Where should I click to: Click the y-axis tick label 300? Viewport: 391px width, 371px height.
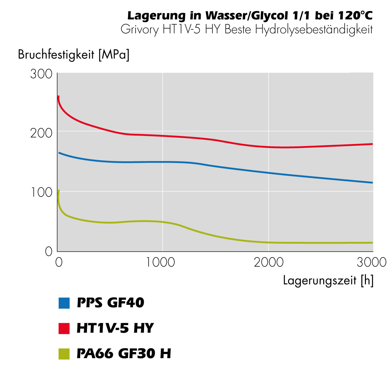click(x=41, y=74)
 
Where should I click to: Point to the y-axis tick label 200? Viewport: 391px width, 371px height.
click(x=41, y=133)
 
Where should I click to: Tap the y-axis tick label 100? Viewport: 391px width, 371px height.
click(x=41, y=192)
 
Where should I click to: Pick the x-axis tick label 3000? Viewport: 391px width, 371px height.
click(x=371, y=262)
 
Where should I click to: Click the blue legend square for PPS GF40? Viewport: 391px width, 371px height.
click(x=64, y=303)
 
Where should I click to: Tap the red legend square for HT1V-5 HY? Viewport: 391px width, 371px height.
click(x=64, y=328)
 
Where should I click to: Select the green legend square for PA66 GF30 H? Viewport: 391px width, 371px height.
click(x=64, y=354)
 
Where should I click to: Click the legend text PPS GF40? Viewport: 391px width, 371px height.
click(x=110, y=303)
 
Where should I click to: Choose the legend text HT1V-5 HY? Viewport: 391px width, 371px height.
click(x=115, y=328)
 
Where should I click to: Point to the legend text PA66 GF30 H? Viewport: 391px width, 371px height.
click(x=124, y=354)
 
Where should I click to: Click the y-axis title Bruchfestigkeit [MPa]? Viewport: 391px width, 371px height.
click(x=74, y=54)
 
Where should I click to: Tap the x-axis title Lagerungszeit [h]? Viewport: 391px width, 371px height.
click(x=328, y=280)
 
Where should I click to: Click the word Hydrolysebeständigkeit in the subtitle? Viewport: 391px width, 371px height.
click(x=314, y=30)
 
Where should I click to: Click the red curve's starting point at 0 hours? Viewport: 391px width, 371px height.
click(x=58, y=96)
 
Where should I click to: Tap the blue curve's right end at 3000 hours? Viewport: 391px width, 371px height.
click(x=372, y=183)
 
